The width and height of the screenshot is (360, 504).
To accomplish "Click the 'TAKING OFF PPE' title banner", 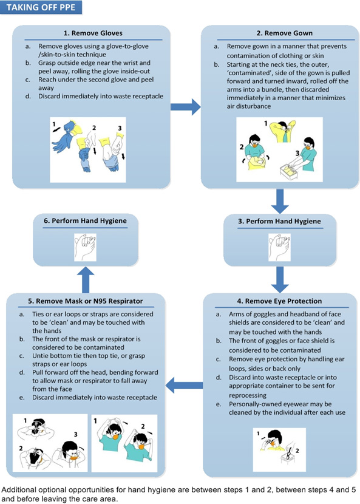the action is tap(41, 7).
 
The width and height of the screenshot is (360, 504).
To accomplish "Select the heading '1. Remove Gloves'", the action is tap(92, 33).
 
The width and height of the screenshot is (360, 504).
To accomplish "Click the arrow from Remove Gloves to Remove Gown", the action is tap(186, 107).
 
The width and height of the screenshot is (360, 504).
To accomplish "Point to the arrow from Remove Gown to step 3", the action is tap(280, 201).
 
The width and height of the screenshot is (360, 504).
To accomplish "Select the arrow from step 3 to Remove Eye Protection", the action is tap(280, 280).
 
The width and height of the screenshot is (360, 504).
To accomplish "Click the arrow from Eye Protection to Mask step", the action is tap(184, 385).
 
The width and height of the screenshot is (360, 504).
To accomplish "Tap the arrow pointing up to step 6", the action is tap(86, 280).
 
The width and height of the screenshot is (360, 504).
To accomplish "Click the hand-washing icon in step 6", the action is tap(85, 247).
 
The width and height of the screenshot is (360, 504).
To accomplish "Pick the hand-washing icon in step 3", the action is tap(279, 247).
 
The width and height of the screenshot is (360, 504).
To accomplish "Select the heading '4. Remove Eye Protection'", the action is tap(279, 301).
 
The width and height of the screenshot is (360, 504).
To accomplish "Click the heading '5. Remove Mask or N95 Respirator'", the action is tap(85, 301).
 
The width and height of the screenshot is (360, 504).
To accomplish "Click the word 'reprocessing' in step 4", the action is tap(248, 395).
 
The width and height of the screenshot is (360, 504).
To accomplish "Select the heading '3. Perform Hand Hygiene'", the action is tap(279, 221).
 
